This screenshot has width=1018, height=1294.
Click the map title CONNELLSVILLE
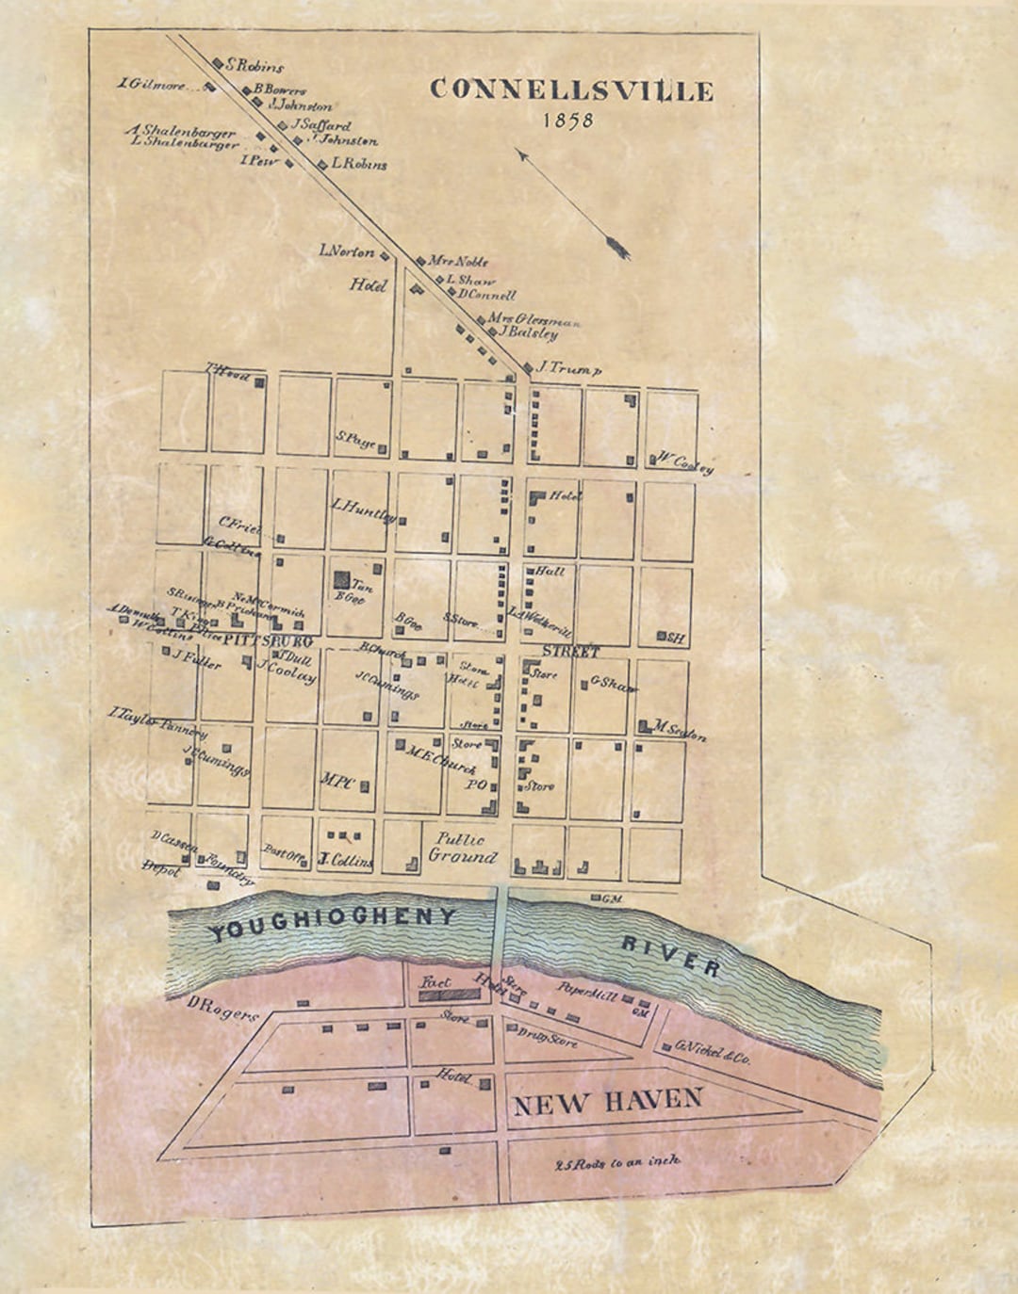(571, 90)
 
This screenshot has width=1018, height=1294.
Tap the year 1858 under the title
(568, 121)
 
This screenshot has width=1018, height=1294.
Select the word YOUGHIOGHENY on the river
(332, 923)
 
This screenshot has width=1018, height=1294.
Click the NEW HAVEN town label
(607, 1100)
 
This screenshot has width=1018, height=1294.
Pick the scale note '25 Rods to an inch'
(617, 1161)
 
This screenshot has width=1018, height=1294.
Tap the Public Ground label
(462, 848)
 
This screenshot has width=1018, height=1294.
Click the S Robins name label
(254, 67)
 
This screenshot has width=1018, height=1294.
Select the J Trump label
(567, 370)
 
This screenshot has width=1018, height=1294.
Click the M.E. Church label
(440, 759)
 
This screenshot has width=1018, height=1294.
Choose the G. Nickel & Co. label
(712, 1051)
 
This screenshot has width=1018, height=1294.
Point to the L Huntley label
(363, 509)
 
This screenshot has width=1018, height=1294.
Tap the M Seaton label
(680, 731)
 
